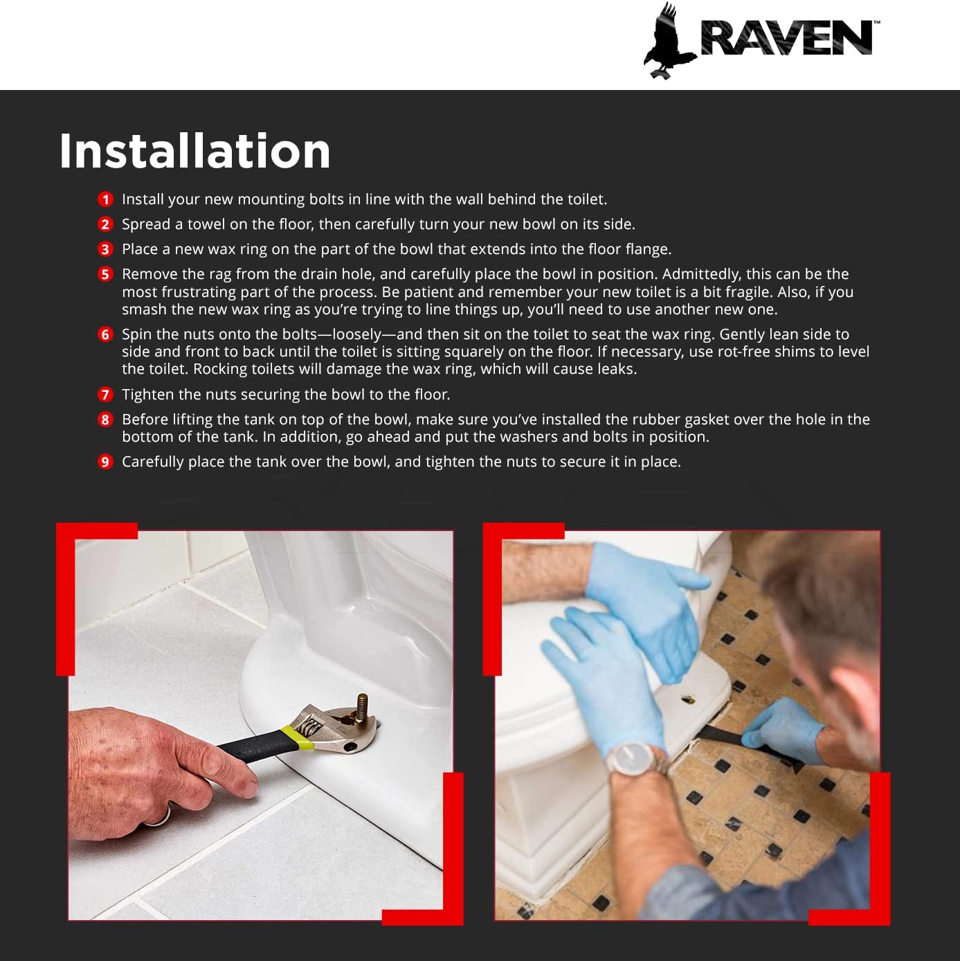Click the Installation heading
tap(194, 151)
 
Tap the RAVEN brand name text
tap(787, 37)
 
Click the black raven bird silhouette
tap(668, 41)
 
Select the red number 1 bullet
tap(105, 199)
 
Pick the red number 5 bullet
tap(105, 274)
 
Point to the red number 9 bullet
tap(105, 462)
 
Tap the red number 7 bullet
tap(105, 395)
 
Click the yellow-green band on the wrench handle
tap(298, 737)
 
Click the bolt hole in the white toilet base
tap(689, 699)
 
